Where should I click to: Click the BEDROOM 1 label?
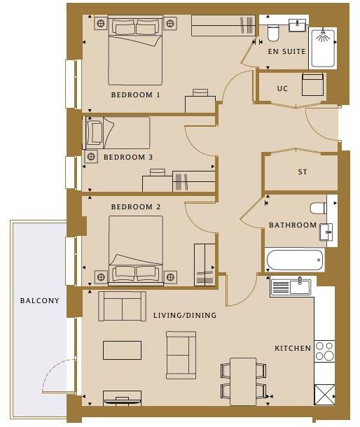pyautogui.click(x=135, y=94)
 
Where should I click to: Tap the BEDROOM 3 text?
pyautogui.click(x=127, y=157)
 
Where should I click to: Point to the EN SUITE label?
pyautogui.click(x=286, y=52)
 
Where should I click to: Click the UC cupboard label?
pyautogui.click(x=283, y=89)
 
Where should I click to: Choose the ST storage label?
pyautogui.click(x=303, y=171)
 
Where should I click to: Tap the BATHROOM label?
pyautogui.click(x=293, y=225)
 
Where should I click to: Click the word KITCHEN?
pyautogui.click(x=292, y=348)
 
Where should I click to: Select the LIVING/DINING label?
pyautogui.click(x=185, y=316)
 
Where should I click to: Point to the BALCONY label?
pyautogui.click(x=39, y=301)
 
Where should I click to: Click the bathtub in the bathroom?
pyautogui.click(x=295, y=260)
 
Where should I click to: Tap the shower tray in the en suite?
pyautogui.click(x=323, y=48)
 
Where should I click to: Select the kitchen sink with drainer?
pyautogui.click(x=291, y=286)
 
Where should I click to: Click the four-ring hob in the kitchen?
pyautogui.click(x=324, y=350)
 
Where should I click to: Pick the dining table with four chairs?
pyautogui.click(x=243, y=381)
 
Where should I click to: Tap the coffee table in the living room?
pyautogui.click(x=122, y=350)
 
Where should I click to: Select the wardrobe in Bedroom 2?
pyautogui.click(x=205, y=264)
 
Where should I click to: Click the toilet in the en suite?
pyautogui.click(x=273, y=32)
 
